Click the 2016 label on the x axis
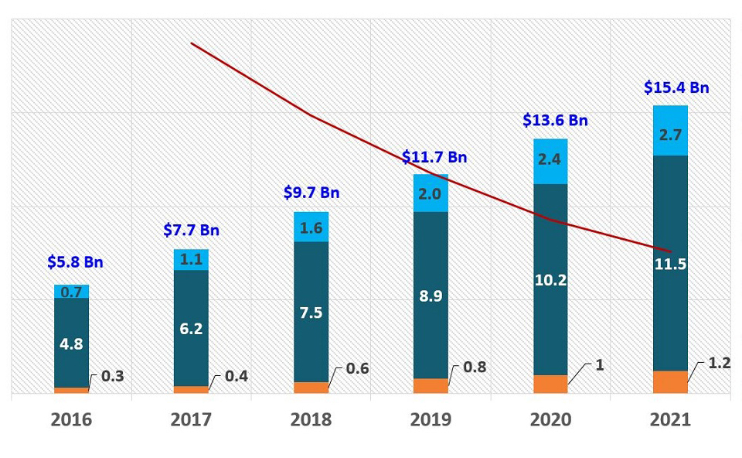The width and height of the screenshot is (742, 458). (x=71, y=419)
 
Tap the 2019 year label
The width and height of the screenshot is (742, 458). (x=431, y=419)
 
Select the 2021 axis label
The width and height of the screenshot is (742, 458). (x=670, y=419)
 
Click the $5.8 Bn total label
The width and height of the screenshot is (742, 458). (x=75, y=262)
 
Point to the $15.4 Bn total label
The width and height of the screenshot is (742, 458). (x=676, y=87)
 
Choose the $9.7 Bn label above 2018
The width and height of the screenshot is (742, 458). (x=311, y=193)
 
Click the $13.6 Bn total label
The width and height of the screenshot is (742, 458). (x=555, y=121)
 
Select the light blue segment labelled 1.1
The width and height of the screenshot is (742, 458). (x=191, y=260)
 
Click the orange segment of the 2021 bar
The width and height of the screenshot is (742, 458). (x=670, y=382)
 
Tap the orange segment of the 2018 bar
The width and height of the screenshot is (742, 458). (x=311, y=388)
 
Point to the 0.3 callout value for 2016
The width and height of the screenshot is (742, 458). (x=113, y=377)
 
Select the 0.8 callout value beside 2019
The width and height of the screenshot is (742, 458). (x=475, y=367)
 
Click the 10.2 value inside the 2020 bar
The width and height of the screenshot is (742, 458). (x=550, y=280)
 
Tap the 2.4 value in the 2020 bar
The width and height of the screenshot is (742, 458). (x=550, y=161)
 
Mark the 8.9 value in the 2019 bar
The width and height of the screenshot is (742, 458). (x=431, y=296)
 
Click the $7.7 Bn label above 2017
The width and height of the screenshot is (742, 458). (x=192, y=230)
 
